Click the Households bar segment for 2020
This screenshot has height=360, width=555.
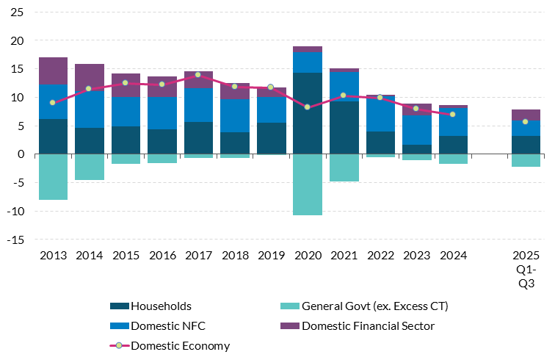click(x=308, y=114)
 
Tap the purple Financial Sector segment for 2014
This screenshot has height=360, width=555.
click(x=90, y=77)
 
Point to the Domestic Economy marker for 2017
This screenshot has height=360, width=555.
click(x=198, y=75)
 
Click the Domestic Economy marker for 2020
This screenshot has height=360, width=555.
click(x=308, y=107)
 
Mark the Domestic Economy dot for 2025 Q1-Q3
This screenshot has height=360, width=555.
click(x=526, y=121)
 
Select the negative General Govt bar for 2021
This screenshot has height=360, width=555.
click(x=344, y=168)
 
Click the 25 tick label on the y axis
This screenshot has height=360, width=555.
click(x=17, y=12)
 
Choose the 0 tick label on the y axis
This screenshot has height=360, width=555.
click(x=21, y=154)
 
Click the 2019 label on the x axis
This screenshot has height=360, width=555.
click(x=271, y=256)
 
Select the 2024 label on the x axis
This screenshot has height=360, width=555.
click(x=453, y=256)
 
